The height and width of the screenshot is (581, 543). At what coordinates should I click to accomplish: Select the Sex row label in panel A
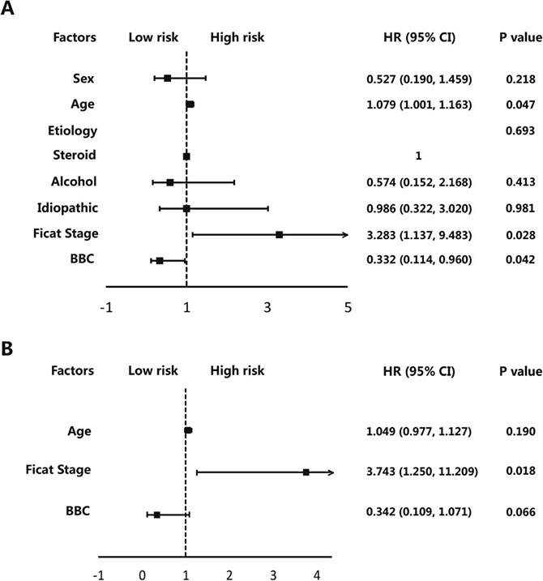click(x=83, y=79)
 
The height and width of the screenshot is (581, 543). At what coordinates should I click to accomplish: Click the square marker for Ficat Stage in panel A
click(x=279, y=234)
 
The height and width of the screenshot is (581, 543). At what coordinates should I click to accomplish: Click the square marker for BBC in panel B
click(x=156, y=515)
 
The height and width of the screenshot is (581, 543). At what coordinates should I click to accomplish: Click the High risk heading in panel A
click(x=237, y=36)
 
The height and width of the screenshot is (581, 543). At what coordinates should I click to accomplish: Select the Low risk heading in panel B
click(x=153, y=371)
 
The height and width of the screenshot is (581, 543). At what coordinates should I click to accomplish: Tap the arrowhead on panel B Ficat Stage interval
click(x=331, y=472)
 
